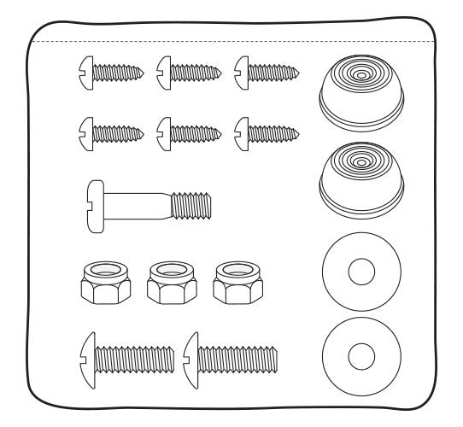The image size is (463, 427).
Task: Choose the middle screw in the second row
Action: coord(190,131)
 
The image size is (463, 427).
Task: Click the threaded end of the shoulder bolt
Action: coord(192,206)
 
